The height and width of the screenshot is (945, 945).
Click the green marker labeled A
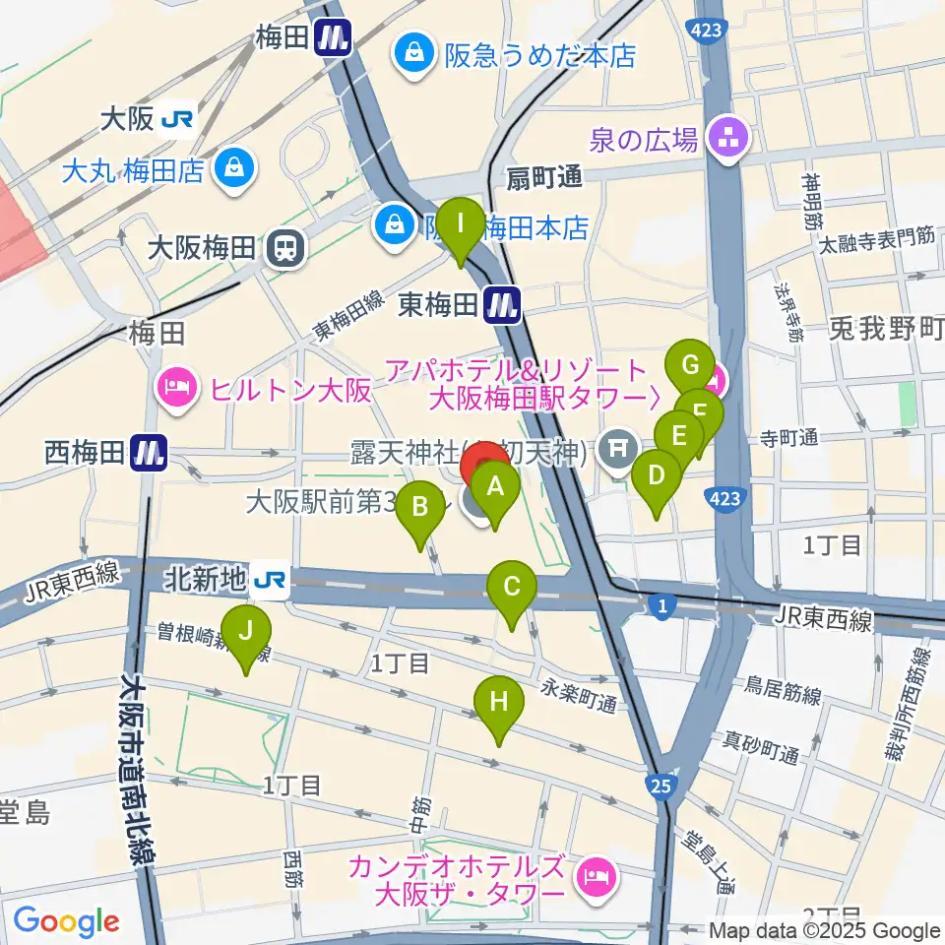495,486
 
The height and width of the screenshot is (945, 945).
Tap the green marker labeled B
419,508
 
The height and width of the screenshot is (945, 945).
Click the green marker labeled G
689,367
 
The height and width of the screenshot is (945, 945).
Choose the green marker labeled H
499,703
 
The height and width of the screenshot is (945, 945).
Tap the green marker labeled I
460,224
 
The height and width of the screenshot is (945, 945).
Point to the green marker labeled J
245,630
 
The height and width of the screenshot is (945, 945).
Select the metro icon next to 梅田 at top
335,39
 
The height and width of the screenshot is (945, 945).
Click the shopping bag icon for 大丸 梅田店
237,169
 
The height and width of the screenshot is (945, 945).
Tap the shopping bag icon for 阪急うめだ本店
410,54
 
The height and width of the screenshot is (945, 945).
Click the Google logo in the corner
67,921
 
